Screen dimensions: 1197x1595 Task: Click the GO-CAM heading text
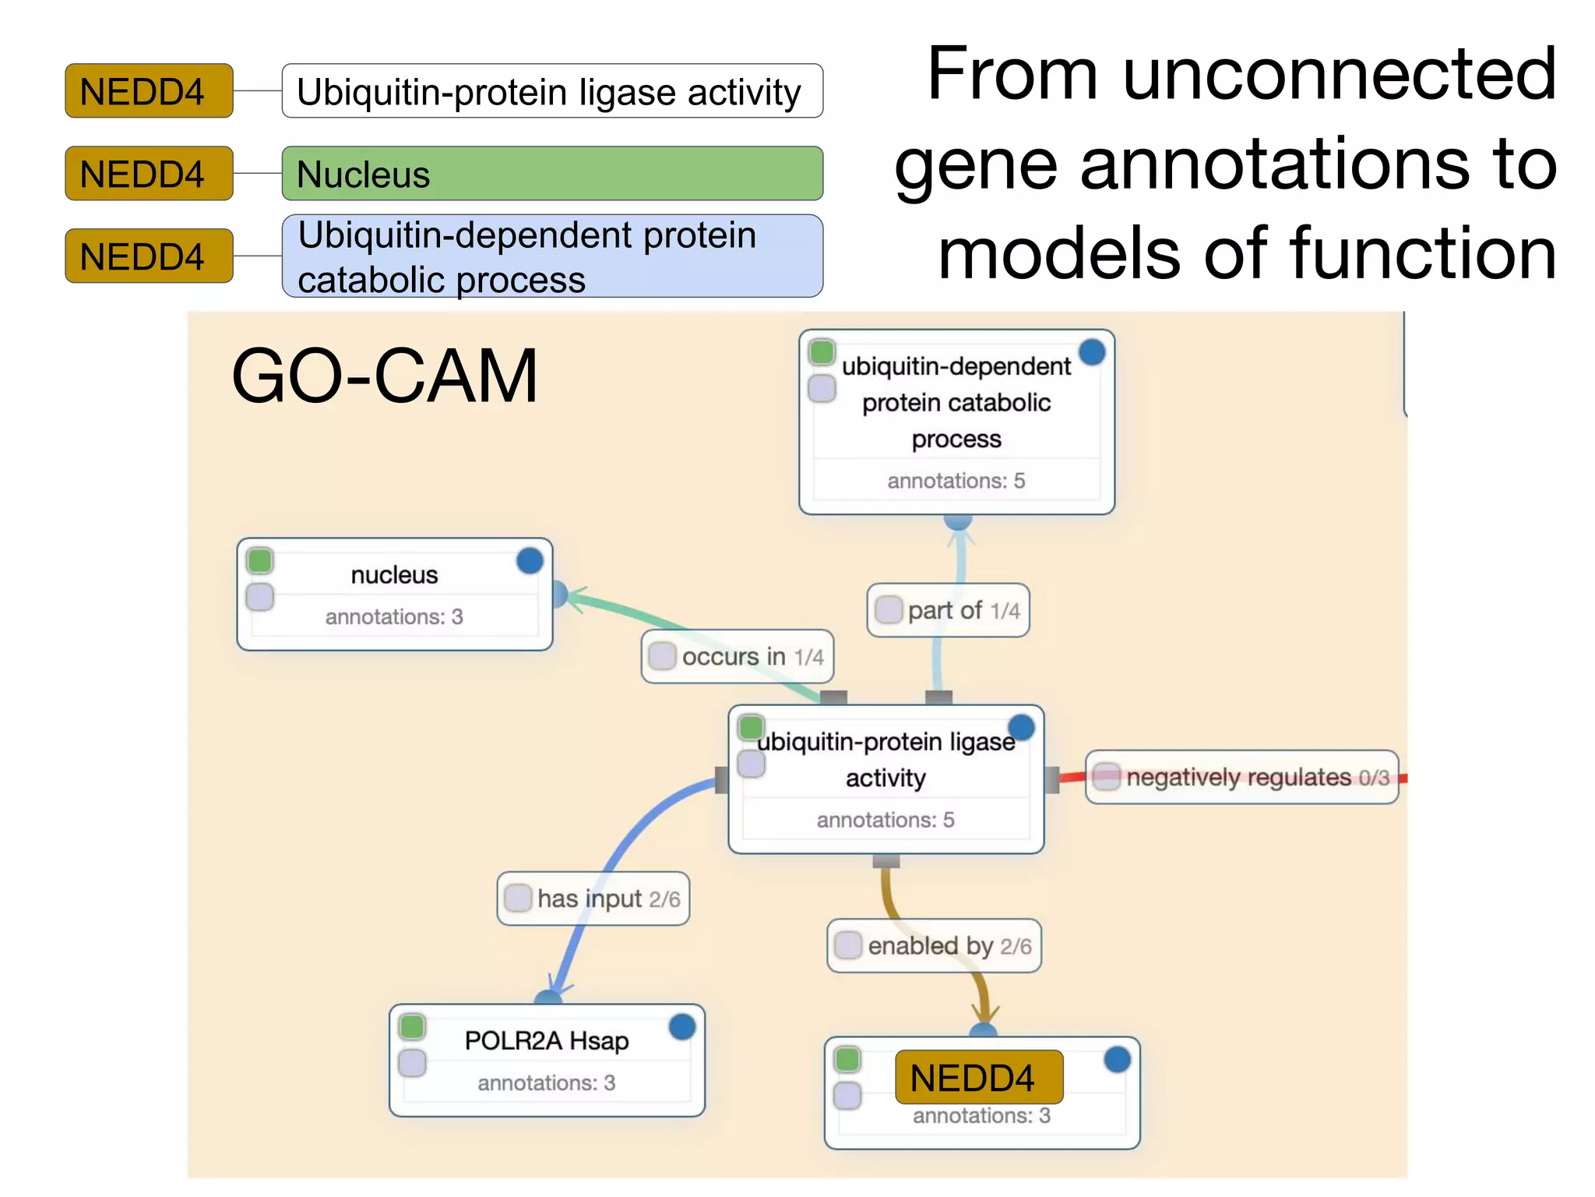pos(385,376)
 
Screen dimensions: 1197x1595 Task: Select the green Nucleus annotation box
pos(551,174)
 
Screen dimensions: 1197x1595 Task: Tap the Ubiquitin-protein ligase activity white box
pos(551,91)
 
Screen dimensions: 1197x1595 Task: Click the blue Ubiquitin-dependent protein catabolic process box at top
pos(551,256)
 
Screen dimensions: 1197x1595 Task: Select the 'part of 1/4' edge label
pos(948,610)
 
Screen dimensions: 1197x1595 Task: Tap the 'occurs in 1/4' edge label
pos(737,657)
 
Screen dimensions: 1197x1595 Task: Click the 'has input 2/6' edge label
pos(593,899)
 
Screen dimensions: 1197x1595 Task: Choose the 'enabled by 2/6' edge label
pos(934,946)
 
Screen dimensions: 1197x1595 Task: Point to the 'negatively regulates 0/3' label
pos(1241,777)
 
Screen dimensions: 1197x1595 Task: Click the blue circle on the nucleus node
pos(530,560)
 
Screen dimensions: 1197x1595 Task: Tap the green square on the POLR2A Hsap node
pos(412,1026)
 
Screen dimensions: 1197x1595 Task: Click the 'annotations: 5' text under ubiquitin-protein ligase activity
pos(886,820)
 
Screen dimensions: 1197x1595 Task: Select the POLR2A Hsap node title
pos(546,1040)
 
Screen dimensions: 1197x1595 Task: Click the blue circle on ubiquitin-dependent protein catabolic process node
pos(1092,352)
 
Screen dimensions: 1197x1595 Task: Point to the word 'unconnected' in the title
pos(1339,73)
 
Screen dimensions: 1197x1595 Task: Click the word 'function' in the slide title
pos(1422,253)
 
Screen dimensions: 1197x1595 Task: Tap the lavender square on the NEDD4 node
pos(847,1095)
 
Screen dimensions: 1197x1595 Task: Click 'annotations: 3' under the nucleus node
pos(394,616)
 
